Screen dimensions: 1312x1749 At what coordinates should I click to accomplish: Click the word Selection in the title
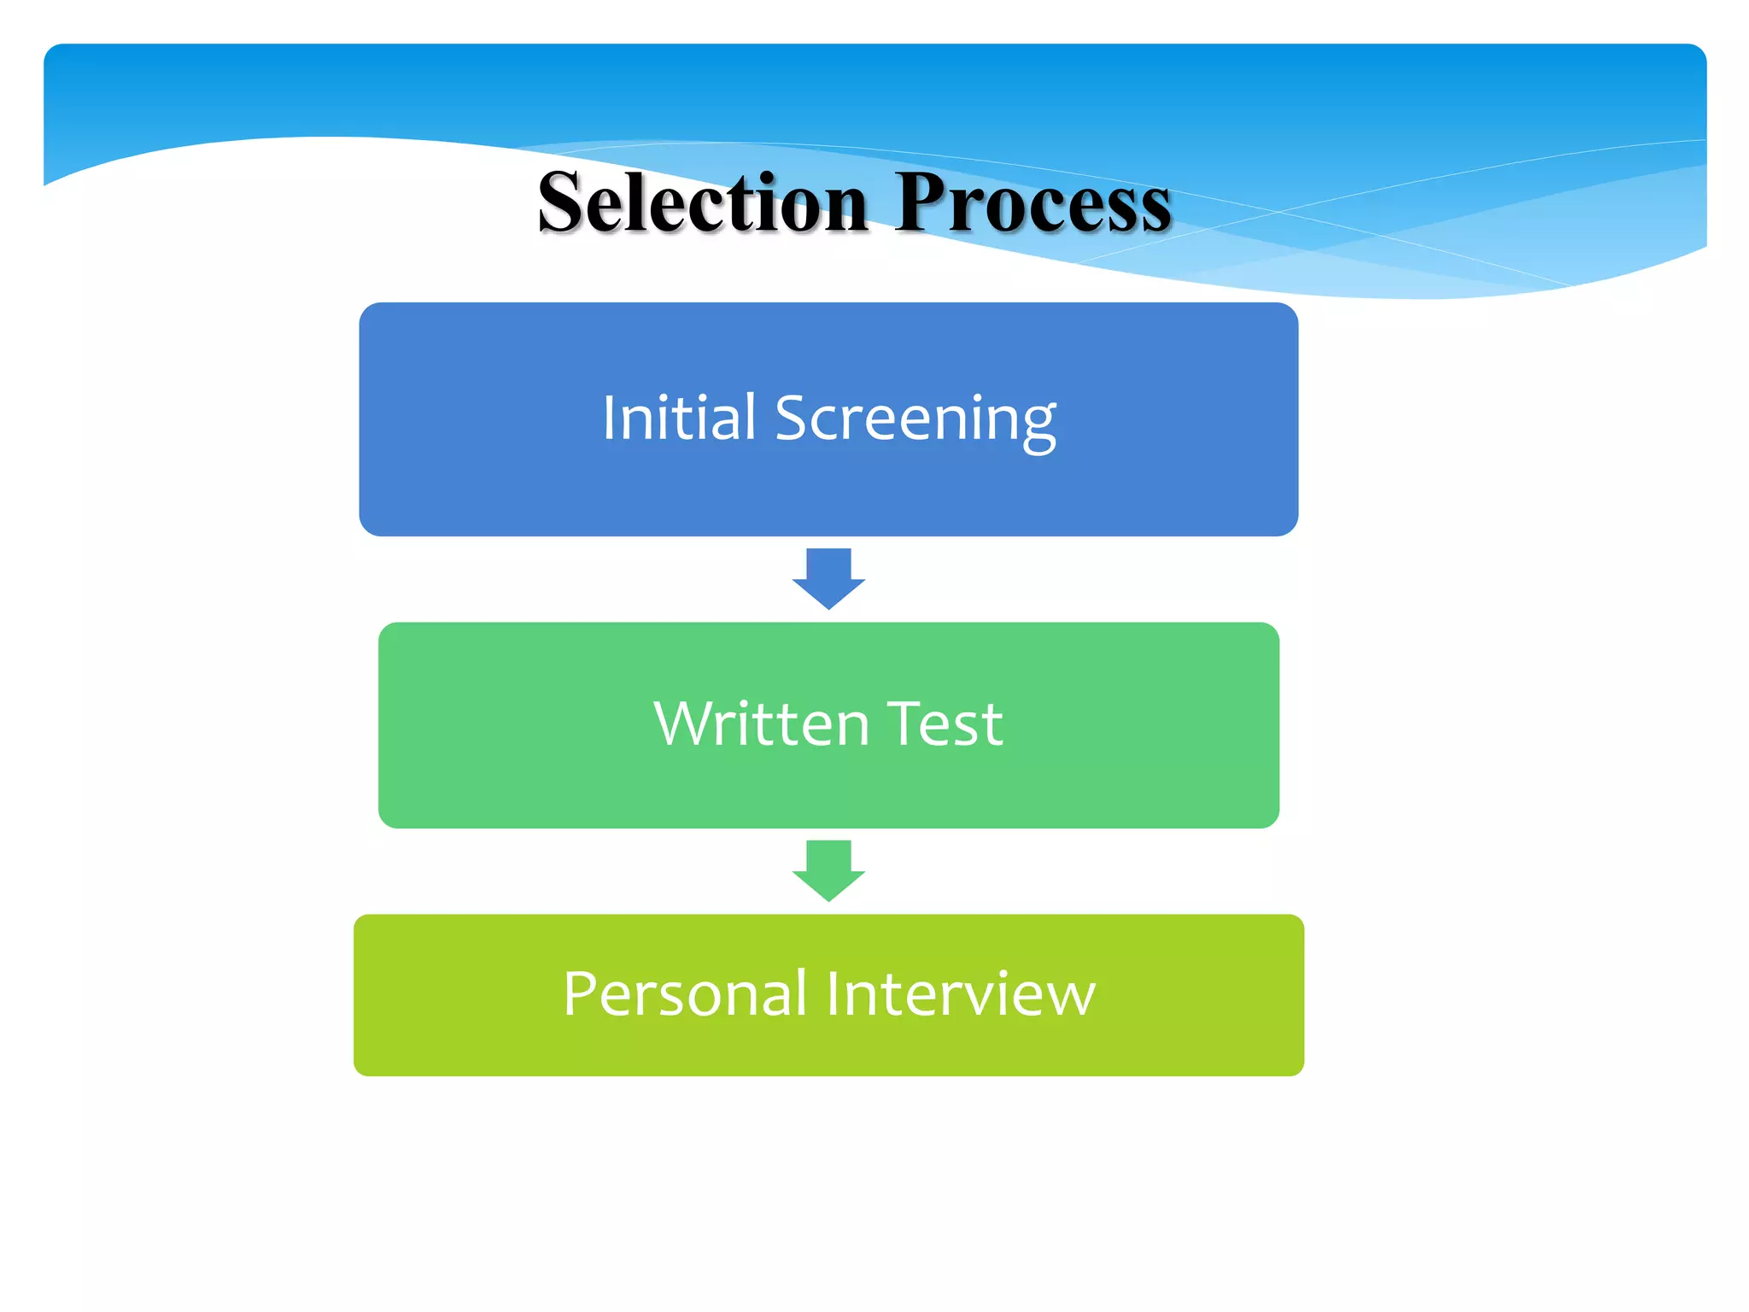click(702, 203)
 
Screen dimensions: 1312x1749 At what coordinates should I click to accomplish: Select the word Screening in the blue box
click(915, 418)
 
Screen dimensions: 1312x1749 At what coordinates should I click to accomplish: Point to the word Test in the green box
click(945, 724)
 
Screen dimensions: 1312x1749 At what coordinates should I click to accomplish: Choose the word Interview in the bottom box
click(960, 994)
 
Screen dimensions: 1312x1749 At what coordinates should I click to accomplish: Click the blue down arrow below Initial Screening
click(828, 579)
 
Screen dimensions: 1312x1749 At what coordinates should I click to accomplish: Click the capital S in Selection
click(563, 203)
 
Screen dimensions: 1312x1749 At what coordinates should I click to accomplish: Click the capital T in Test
click(902, 723)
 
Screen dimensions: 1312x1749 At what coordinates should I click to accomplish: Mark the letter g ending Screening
click(1038, 425)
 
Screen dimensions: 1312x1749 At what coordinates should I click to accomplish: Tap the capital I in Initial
click(609, 418)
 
